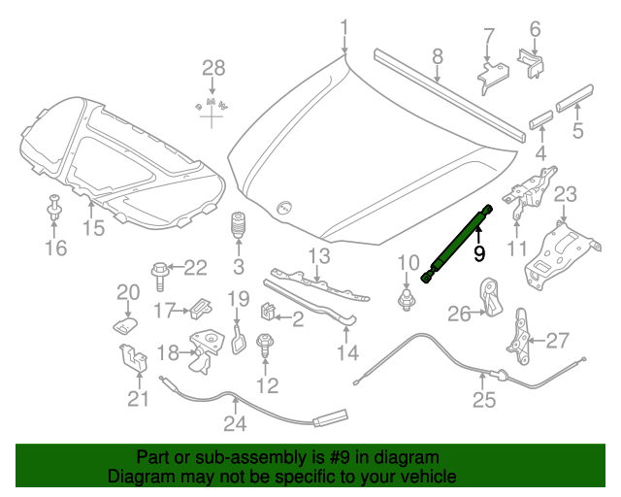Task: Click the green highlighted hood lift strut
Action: click(457, 245)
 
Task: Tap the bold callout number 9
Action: click(479, 253)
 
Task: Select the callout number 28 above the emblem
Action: click(213, 68)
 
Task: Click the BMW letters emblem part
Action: click(212, 105)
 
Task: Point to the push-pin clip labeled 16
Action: click(53, 208)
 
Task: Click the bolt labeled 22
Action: click(160, 276)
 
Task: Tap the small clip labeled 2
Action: click(268, 312)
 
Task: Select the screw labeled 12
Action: click(265, 346)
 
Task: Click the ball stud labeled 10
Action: click(406, 300)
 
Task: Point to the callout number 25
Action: click(484, 400)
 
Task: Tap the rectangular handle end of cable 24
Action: click(331, 418)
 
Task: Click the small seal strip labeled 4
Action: click(541, 120)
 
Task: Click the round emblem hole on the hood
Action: click(283, 207)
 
